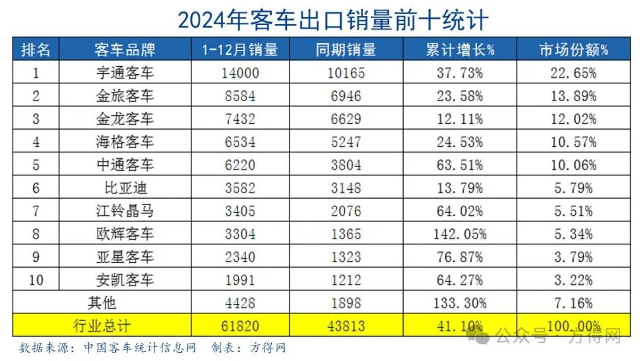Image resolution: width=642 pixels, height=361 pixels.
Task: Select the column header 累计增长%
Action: [460, 49]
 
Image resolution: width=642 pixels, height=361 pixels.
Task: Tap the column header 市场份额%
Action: [573, 49]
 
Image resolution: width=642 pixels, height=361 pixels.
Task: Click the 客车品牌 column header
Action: [124, 49]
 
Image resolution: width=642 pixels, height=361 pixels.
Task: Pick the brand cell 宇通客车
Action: [124, 74]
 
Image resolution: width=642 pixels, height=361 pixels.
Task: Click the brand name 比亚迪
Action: [124, 189]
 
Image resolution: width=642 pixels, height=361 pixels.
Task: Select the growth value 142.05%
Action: [460, 234]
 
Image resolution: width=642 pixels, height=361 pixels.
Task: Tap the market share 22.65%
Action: [573, 74]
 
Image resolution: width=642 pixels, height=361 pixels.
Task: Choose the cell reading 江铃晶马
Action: [124, 211]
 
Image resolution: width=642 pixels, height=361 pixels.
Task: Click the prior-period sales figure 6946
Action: [347, 96]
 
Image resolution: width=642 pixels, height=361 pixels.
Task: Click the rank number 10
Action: [36, 280]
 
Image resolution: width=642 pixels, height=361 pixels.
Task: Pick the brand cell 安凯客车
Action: [124, 280]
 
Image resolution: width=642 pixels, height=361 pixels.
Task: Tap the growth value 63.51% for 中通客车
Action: [460, 165]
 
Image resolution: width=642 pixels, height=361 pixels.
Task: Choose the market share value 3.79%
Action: [573, 257]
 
